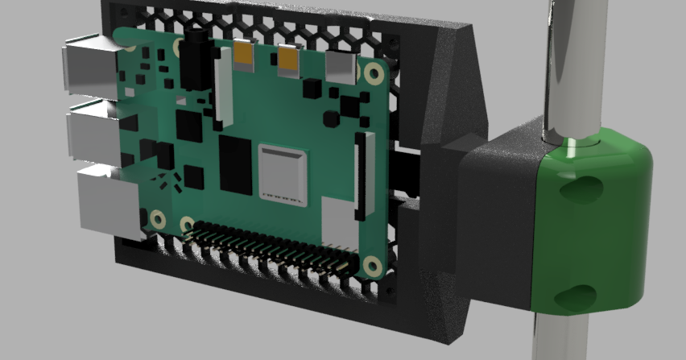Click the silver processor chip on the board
click(x=282, y=172)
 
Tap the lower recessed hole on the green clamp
click(x=581, y=296)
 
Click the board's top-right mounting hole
click(x=372, y=74)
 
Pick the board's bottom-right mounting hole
click(x=371, y=265)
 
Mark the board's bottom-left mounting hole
click(x=158, y=218)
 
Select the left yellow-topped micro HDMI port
click(x=244, y=55)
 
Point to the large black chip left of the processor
click(x=235, y=165)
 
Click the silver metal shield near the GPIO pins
click(x=339, y=221)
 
